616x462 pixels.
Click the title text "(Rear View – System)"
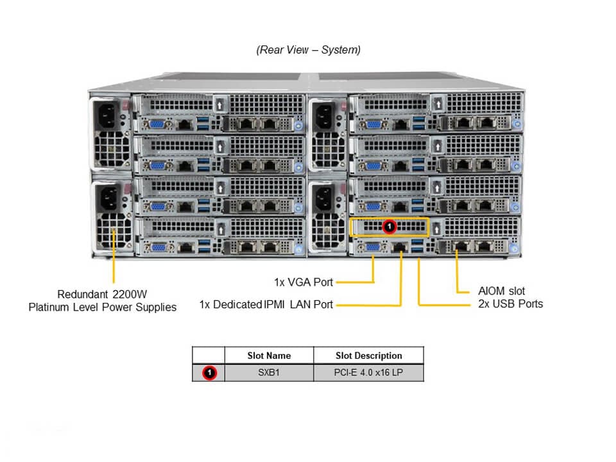pyautogui.click(x=308, y=50)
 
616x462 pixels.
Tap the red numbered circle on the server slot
pyautogui.click(x=388, y=227)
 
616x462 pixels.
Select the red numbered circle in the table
pyautogui.click(x=209, y=372)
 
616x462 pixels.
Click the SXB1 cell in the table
pyautogui.click(x=269, y=372)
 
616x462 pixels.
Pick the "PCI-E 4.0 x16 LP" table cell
pyautogui.click(x=368, y=372)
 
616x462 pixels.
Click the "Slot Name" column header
pyautogui.click(x=269, y=355)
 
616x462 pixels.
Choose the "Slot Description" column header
pyautogui.click(x=368, y=355)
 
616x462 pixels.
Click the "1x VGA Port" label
pyautogui.click(x=304, y=282)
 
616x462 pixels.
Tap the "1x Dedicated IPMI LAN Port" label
pyautogui.click(x=266, y=304)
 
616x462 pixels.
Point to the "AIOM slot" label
pyautogui.click(x=501, y=291)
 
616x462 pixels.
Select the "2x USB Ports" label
pyautogui.click(x=510, y=304)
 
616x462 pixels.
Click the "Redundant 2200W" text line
pyautogui.click(x=102, y=295)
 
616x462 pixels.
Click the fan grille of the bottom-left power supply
pyautogui.click(x=111, y=232)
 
